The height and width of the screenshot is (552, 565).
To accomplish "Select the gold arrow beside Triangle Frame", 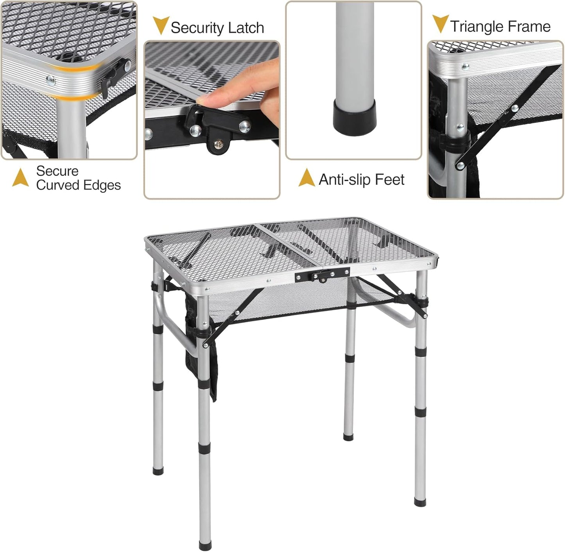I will (x=440, y=23).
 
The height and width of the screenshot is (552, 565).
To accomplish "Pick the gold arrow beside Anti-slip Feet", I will (x=307, y=178).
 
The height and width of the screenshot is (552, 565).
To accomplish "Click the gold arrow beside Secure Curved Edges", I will (x=20, y=178).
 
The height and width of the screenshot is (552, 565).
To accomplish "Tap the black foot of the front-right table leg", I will (x=420, y=501).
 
